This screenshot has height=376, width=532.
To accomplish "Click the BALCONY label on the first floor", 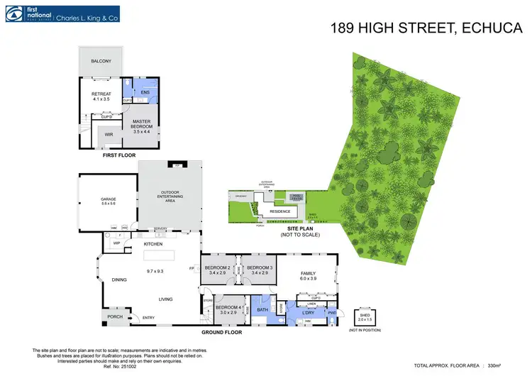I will point(101,62).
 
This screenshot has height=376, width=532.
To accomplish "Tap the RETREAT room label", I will point(101,94).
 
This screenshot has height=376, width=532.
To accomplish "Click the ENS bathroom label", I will point(145,92).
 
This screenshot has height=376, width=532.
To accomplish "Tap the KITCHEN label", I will point(154,243).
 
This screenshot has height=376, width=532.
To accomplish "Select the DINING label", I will point(119,280).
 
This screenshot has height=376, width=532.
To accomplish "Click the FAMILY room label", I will point(307,273).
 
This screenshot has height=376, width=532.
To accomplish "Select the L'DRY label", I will point(308,312).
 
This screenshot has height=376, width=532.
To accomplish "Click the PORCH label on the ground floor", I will point(115,316).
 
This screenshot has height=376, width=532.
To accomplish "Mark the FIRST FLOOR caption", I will point(119,155).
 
